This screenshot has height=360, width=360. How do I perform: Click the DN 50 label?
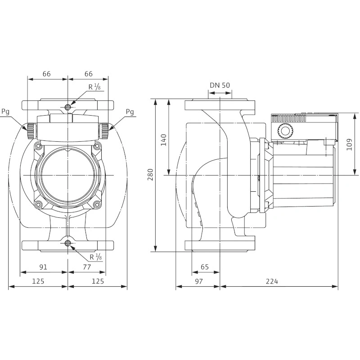220,85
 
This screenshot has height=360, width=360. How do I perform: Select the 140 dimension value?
163,139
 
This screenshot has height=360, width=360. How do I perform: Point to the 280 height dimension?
150,174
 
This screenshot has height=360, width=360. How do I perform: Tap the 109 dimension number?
350,144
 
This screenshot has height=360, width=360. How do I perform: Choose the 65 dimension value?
205,267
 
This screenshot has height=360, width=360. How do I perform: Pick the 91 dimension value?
43,267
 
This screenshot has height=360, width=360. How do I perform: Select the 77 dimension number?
87,267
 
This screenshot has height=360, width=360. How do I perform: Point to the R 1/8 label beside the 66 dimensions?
95,87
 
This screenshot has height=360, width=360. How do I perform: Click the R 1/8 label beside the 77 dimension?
95,257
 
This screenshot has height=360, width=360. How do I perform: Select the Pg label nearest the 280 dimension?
130,112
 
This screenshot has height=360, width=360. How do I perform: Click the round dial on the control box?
285,132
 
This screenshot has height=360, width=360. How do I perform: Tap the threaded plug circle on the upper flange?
67,107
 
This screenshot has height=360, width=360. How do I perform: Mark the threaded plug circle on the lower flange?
67,244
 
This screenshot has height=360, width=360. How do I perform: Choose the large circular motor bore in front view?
67,175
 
